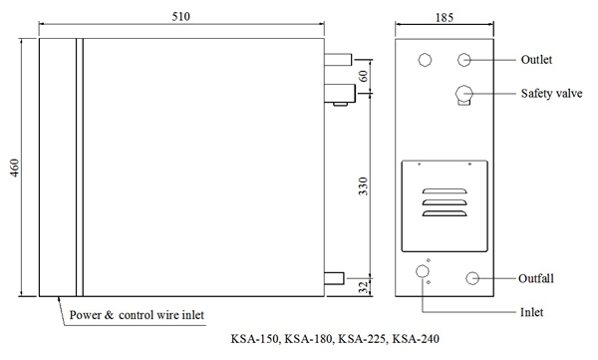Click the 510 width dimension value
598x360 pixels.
180,16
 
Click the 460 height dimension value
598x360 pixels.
15,168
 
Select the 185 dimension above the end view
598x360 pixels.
445,18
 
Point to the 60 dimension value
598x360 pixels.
364,76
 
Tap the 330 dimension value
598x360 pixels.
364,186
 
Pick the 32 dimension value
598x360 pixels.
365,287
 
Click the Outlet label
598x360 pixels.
536,60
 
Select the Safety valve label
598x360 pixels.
551,94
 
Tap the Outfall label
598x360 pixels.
536,278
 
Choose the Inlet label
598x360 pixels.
531,312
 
